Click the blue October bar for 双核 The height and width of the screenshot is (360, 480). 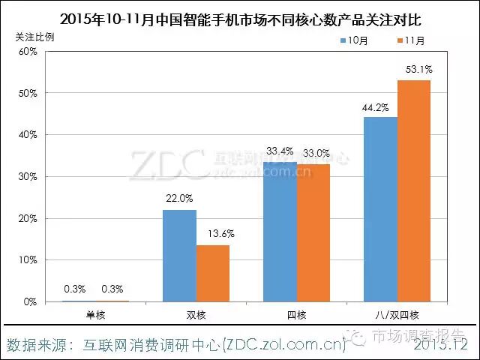[180, 256]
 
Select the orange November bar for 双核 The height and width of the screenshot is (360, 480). [213, 273]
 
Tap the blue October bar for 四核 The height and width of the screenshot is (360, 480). [280, 232]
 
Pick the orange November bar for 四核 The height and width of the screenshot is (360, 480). [313, 232]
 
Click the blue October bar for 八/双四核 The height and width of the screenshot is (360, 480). [381, 209]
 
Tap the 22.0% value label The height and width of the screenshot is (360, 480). [180, 199]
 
